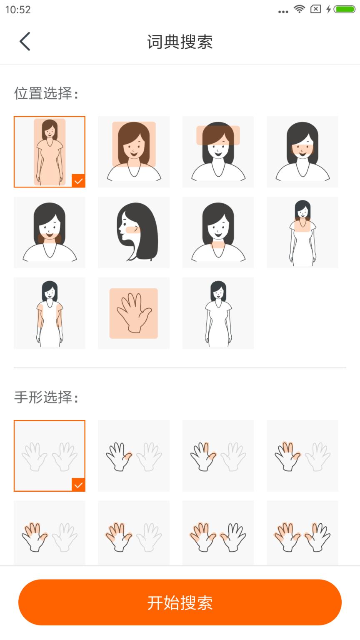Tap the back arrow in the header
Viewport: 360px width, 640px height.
pyautogui.click(x=25, y=42)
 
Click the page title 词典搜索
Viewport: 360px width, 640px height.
pyautogui.click(x=180, y=42)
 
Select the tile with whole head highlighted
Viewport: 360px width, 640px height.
pyautogui.click(x=134, y=152)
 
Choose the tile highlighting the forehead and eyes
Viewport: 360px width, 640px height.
pyautogui.click(x=218, y=152)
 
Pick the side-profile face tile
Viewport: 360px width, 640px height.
pyautogui.click(x=134, y=232)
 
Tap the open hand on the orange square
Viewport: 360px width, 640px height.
pyautogui.click(x=134, y=313)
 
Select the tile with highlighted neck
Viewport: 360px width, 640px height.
pyautogui.click(x=218, y=232)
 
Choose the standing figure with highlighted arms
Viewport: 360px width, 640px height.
pyautogui.click(x=50, y=313)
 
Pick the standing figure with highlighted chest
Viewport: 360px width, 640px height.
pyautogui.click(x=302, y=232)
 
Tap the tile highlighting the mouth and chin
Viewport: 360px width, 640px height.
pyautogui.click(x=50, y=232)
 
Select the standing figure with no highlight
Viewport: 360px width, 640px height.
pyautogui.click(x=218, y=313)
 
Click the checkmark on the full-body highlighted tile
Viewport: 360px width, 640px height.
pyautogui.click(x=78, y=181)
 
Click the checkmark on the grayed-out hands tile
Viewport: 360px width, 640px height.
pyautogui.click(x=78, y=485)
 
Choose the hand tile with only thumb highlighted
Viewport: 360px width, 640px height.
pyautogui.click(x=134, y=455)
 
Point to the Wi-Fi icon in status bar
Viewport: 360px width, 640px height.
pyautogui.click(x=299, y=9)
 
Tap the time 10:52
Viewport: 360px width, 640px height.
pyautogui.click(x=18, y=10)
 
